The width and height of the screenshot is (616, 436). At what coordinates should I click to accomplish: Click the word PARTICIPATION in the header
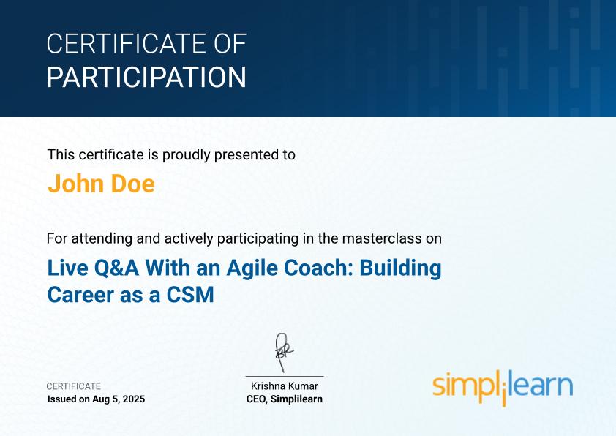[146, 78]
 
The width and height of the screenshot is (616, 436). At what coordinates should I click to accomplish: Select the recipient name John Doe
[101, 184]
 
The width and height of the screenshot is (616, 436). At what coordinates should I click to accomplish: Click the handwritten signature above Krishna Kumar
[283, 353]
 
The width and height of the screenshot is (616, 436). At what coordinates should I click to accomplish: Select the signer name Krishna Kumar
[285, 386]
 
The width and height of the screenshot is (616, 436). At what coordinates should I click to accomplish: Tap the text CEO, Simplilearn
[285, 399]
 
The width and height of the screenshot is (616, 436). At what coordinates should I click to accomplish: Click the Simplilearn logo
[502, 386]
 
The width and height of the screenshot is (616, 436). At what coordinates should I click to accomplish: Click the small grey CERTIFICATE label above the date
[74, 386]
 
